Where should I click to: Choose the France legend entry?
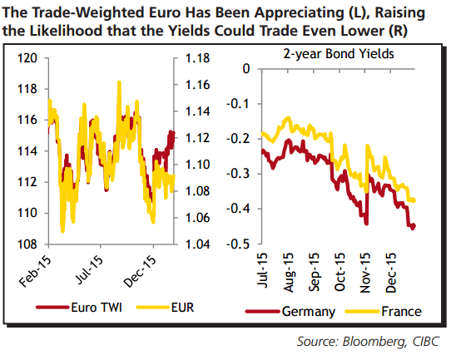coord(399,312)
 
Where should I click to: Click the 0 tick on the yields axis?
coord(245,69)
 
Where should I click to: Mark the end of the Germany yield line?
coord(414,226)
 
